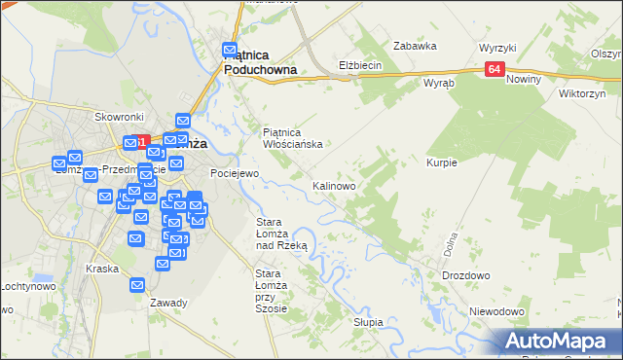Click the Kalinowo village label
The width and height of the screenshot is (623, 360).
334,185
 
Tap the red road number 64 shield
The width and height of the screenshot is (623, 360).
495,68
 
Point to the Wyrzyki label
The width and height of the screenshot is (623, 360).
497,48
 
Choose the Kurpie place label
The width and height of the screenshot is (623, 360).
442,162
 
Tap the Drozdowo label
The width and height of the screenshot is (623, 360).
465,275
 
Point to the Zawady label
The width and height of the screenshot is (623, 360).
168,303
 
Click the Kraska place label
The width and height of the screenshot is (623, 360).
101,269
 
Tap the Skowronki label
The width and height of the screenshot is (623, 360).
120,117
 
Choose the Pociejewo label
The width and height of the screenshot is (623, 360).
235,173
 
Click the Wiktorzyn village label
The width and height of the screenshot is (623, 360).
583,94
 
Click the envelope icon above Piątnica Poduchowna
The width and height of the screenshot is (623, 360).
231,50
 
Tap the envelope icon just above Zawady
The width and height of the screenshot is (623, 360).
136,285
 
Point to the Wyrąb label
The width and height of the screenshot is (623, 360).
439,84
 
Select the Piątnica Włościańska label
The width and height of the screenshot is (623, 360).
293,137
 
